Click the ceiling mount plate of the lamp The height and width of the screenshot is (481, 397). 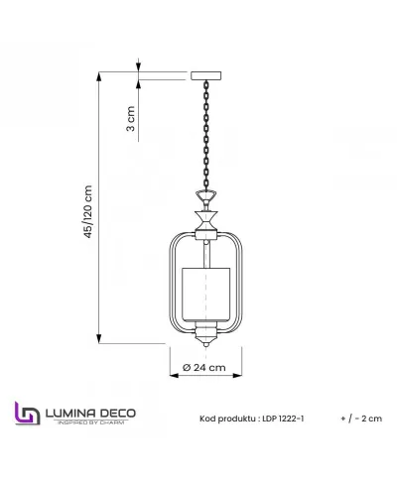tap(207, 74)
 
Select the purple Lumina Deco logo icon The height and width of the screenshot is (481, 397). tap(25, 414)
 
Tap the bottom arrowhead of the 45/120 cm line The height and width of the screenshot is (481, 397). tap(100, 340)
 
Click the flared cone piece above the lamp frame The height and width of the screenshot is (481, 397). tap(207, 213)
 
